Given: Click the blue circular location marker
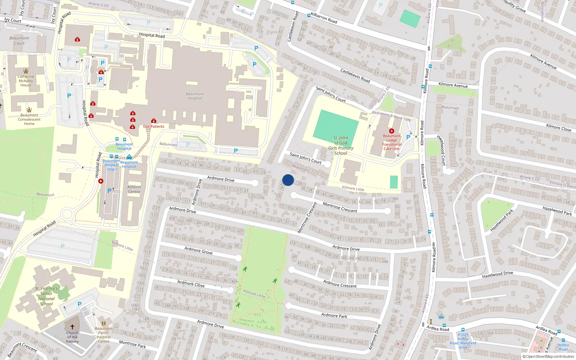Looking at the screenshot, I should pos(288,180).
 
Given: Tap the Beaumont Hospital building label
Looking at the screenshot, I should pos(195,96).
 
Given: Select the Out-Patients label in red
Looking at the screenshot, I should pos(154,126).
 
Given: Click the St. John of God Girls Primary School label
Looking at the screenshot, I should pos(341,145).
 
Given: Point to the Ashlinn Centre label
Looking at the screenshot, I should pos(134,189).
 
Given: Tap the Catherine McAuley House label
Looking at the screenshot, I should pos(26,81).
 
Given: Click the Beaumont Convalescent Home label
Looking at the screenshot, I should pos(29,120).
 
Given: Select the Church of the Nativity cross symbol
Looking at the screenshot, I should pos(72,327).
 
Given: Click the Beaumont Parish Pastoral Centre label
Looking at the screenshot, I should pos(104,335).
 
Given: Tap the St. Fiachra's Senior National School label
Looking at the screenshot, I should pos(46,296).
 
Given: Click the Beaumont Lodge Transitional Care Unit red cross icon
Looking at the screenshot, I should pos(392,131).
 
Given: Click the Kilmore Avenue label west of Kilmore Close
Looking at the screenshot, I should pos(453,85).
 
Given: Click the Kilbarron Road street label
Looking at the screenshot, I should pos(324,18).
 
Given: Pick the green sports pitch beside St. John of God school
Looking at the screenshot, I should pos(336,125).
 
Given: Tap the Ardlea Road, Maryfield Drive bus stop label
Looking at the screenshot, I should pos(463,341).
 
